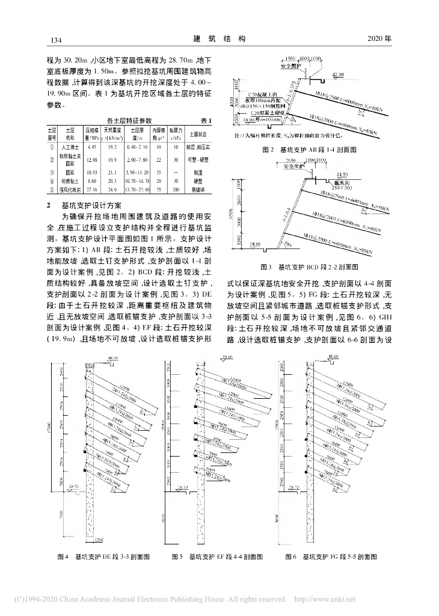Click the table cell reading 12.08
tap(92, 159)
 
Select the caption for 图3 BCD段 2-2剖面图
tap(310, 265)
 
